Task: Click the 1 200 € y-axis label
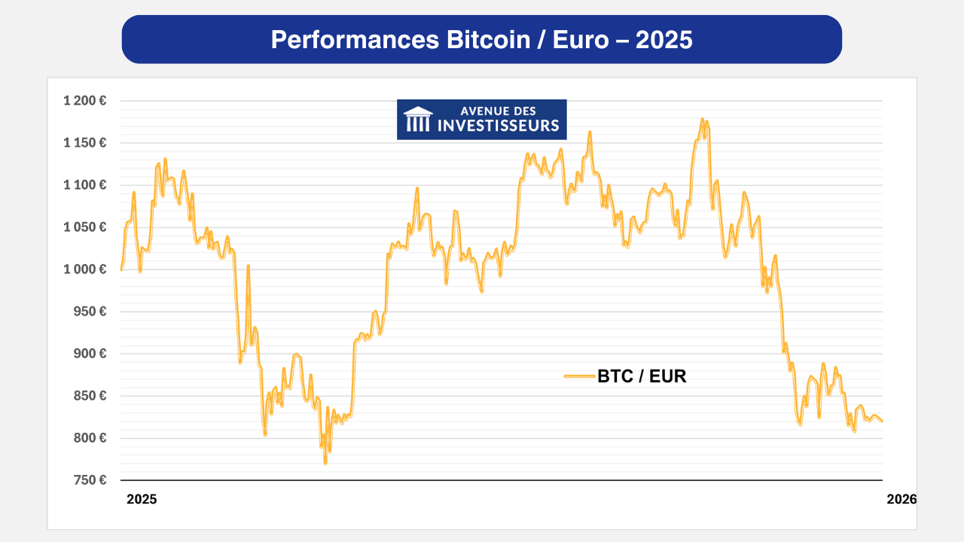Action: tap(84, 101)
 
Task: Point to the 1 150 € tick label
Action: tap(84, 143)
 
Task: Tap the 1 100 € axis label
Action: tap(84, 185)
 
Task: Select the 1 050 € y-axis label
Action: tap(84, 227)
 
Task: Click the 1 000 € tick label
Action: tap(84, 269)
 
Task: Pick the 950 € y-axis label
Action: tap(89, 312)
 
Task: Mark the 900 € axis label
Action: tap(89, 354)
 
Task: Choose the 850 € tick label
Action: tap(89, 396)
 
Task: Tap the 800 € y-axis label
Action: tap(89, 438)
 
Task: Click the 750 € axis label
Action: tap(89, 480)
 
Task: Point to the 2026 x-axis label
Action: tap(901, 499)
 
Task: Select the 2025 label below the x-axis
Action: tap(142, 499)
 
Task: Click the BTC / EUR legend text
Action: tap(642, 376)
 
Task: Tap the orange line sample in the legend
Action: tap(579, 376)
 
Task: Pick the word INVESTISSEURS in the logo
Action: tap(499, 125)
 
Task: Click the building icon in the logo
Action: tap(418, 119)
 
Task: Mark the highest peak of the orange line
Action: tap(702, 119)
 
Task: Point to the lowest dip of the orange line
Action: tap(325, 463)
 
